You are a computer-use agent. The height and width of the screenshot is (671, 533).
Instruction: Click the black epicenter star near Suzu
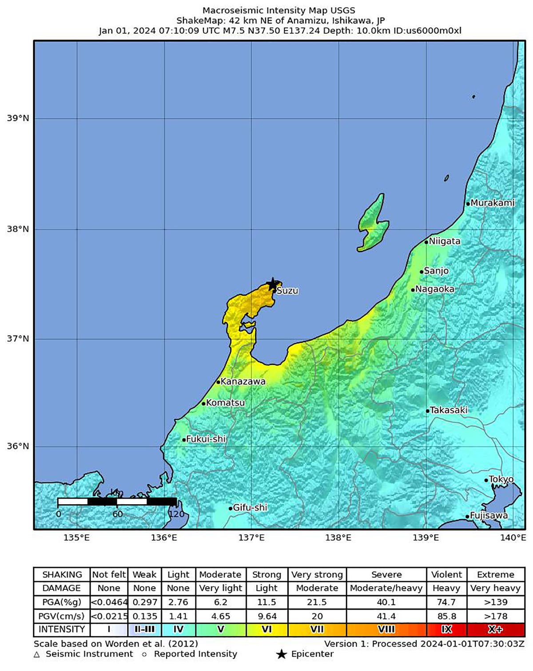tap(272, 284)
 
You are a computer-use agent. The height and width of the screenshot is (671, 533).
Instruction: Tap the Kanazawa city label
tap(243, 381)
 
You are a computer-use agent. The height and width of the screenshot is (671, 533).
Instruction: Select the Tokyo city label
tap(501, 479)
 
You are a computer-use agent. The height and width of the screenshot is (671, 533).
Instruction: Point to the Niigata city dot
tap(426, 242)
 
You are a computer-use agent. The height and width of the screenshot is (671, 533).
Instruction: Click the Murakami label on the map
tap(492, 203)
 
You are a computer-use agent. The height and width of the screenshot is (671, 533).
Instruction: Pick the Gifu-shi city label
tap(250, 507)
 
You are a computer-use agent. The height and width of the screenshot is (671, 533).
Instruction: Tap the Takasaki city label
tap(449, 410)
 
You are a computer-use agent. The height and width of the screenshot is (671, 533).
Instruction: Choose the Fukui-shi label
tap(206, 439)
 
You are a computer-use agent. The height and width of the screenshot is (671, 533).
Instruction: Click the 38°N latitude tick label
tap(18, 229)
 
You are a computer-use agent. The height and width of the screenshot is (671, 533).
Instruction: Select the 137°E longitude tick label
tap(251, 538)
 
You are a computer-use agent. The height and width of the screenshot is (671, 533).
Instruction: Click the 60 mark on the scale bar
tap(117, 514)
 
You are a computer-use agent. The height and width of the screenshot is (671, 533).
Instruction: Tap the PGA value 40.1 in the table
tap(386, 602)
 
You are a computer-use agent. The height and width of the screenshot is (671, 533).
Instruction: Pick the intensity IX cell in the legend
tap(446, 629)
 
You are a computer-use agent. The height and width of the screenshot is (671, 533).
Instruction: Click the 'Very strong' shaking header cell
tap(317, 574)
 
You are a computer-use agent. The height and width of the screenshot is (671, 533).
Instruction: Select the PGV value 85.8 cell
tap(446, 616)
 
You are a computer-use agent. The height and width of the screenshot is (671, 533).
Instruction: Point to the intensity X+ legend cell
tap(495, 629)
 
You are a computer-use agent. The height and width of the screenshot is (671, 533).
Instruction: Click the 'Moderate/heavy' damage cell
tap(386, 588)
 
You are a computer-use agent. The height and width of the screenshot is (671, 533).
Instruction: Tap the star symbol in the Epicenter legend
tap(281, 654)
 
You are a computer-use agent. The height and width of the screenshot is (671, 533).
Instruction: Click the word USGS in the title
tap(342, 10)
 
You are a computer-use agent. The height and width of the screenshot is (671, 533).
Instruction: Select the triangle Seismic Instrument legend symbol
tap(37, 655)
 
